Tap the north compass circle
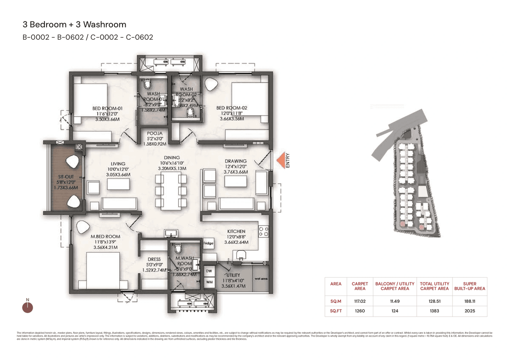(27, 307)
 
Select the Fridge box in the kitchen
(208, 243)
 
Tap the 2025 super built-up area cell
(469, 311)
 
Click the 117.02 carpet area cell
(359, 302)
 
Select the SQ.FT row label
(336, 311)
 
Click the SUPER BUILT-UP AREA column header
(469, 286)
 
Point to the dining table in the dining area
(171, 191)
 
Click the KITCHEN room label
(236, 232)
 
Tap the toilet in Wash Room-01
(148, 84)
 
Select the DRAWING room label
(236, 161)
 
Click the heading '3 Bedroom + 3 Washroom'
(74, 25)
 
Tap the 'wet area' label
(261, 279)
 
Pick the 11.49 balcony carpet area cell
(394, 302)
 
